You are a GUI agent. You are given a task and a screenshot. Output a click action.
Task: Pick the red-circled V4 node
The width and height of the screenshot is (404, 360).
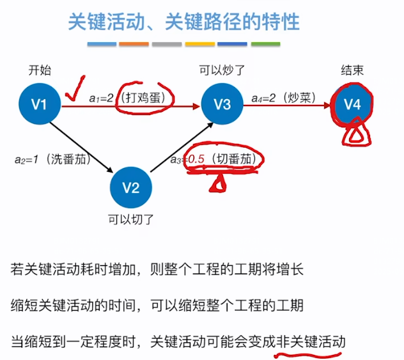(352, 104)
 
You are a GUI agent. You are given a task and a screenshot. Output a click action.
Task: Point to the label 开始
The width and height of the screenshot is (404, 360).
(39, 70)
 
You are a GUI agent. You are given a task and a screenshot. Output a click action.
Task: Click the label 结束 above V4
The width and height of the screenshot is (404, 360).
(352, 70)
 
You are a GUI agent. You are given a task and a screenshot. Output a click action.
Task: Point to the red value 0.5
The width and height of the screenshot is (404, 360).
(196, 159)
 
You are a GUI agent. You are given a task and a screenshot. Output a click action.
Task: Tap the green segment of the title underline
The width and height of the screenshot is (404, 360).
(265, 44)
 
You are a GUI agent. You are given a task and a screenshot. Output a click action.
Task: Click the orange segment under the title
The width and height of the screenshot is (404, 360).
(134, 44)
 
